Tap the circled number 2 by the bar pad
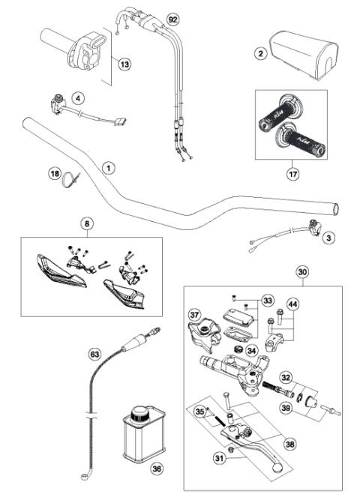pos(260,53)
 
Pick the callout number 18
pos(54,174)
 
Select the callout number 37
pos(193,315)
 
